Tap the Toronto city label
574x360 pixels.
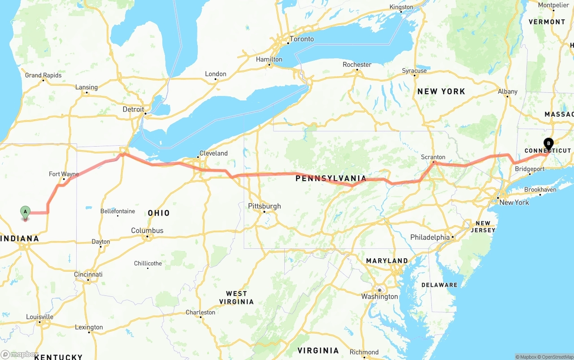(x=301, y=39)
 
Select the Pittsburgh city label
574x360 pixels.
(x=265, y=206)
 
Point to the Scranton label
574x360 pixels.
(x=433, y=157)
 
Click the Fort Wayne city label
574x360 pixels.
(x=64, y=174)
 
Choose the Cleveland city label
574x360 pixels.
(x=213, y=153)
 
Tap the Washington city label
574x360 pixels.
(x=379, y=296)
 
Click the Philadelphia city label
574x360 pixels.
(x=430, y=237)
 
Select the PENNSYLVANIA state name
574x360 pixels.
(x=330, y=178)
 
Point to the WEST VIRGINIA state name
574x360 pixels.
(x=236, y=298)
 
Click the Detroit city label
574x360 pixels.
(x=134, y=109)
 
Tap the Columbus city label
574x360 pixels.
(x=147, y=230)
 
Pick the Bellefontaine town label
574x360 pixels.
(x=117, y=211)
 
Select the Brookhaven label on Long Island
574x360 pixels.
(x=540, y=190)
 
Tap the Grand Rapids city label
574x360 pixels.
(x=43, y=75)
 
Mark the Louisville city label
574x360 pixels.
(x=39, y=317)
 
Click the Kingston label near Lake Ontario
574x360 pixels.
(x=401, y=7)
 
